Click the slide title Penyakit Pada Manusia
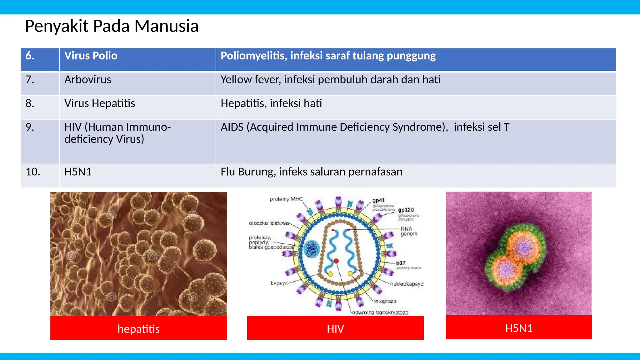click(112, 26)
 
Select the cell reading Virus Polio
click(91, 56)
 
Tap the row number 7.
click(30, 80)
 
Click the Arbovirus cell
click(87, 80)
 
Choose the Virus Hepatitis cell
click(99, 103)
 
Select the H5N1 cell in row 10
click(78, 172)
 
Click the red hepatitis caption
click(138, 329)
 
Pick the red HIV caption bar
click(335, 329)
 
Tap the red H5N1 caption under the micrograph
click(519, 328)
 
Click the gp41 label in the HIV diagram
click(378, 200)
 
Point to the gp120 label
click(406, 210)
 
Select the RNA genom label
click(408, 232)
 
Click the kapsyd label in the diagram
click(279, 283)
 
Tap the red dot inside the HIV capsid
click(336, 261)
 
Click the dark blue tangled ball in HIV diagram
click(312, 249)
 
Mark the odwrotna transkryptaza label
click(380, 312)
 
